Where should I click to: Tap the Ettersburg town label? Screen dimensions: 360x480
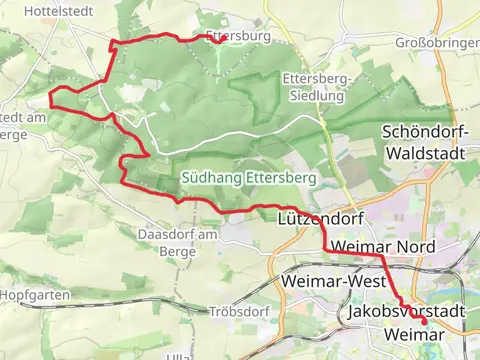click(238, 35)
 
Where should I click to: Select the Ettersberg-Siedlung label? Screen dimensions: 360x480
click(314, 87)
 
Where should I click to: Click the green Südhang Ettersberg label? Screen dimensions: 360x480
click(249, 177)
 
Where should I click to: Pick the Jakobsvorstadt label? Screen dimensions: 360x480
click(407, 314)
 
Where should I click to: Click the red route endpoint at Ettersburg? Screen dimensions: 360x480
click(218, 40)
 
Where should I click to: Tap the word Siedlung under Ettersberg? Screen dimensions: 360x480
click(314, 97)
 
